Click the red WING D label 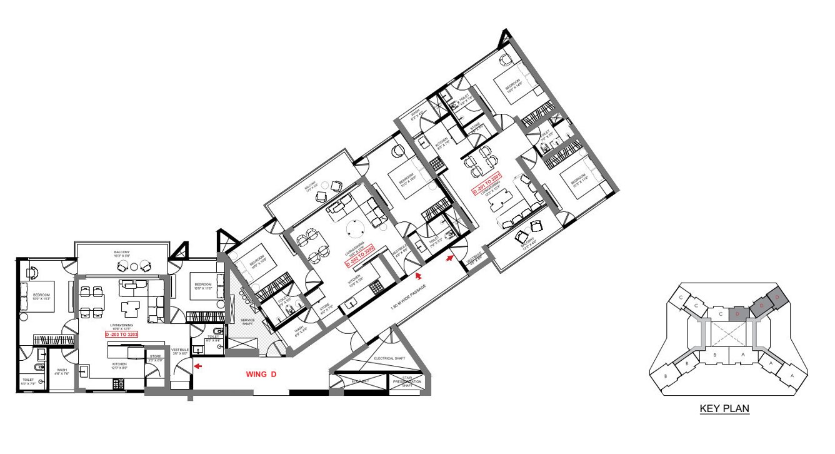coord(261,375)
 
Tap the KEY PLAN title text coord(724,409)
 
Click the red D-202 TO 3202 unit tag coord(359,256)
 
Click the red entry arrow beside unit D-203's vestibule coord(197,366)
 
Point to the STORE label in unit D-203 coord(154,357)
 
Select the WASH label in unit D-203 coord(62,370)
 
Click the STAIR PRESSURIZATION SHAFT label coord(407,381)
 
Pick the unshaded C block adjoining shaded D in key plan coord(721,313)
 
